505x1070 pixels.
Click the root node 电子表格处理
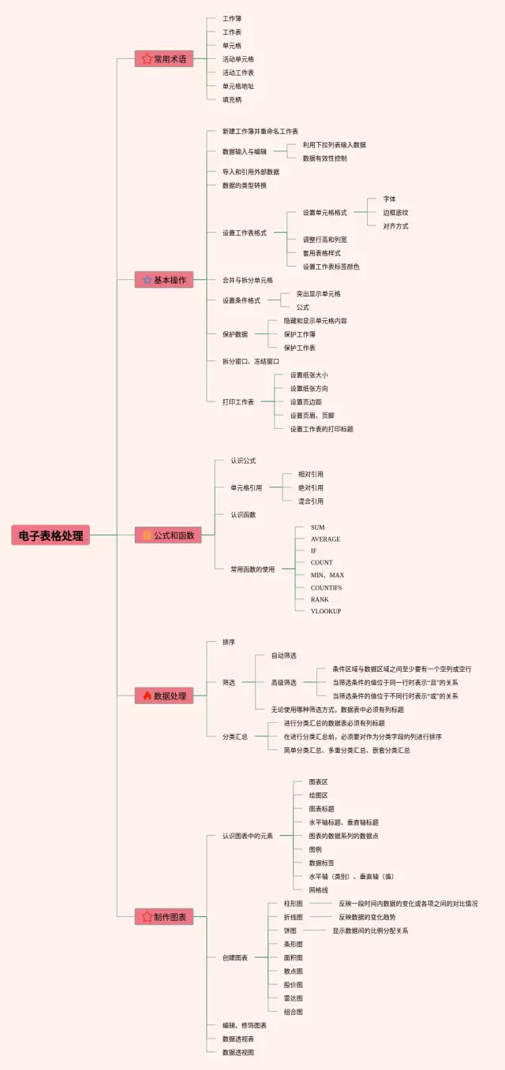tap(50, 535)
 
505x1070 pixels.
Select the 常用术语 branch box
tap(164, 58)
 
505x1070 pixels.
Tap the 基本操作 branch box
tap(164, 279)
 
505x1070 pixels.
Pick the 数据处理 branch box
tap(164, 695)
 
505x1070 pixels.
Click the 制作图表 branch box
tap(164, 916)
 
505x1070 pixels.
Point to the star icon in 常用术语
tap(147, 58)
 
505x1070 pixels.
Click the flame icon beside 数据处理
tap(147, 695)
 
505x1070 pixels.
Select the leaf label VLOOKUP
tap(325, 611)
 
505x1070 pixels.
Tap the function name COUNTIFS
tap(327, 587)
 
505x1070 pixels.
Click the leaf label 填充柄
tap(232, 99)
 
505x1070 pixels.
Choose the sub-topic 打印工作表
tap(238, 401)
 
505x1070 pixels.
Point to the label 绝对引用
tap(310, 487)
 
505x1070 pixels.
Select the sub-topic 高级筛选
tap(284, 682)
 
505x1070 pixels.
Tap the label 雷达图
tap(293, 997)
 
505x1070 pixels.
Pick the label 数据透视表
tap(238, 1038)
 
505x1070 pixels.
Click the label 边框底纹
tap(395, 212)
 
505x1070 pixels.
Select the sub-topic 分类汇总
tap(235, 736)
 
